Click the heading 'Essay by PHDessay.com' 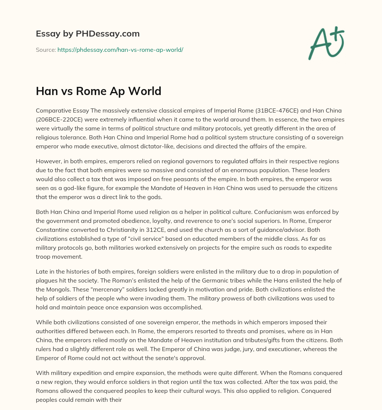88,34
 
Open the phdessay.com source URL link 120,50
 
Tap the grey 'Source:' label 46,50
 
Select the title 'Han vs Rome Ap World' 98,91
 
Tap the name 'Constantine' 53,230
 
